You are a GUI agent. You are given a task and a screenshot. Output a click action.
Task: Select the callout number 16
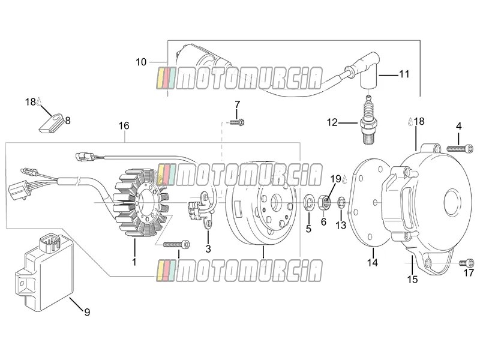coord(124,125)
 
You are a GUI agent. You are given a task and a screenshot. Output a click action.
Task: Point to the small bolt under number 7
coord(237,122)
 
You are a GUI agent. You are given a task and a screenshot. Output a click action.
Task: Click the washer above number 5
coord(308,203)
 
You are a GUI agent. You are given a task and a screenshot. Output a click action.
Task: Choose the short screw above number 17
coord(466,263)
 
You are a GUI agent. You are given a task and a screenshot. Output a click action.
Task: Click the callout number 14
coord(373,262)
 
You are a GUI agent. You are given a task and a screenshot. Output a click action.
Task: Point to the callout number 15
coord(412,279)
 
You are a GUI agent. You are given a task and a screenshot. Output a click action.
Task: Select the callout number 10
coord(141,62)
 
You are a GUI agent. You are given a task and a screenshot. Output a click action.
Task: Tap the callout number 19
coord(335,179)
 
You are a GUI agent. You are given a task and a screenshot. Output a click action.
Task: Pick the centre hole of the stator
coord(145,202)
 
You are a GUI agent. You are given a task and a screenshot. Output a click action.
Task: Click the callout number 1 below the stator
coord(134,262)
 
